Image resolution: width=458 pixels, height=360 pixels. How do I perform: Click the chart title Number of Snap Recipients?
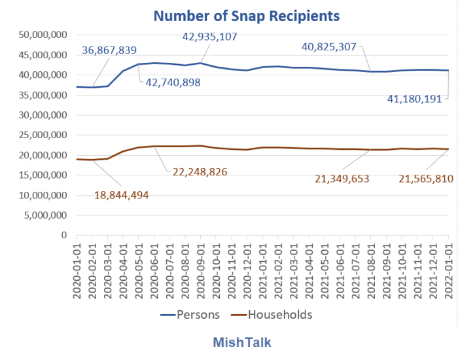247,16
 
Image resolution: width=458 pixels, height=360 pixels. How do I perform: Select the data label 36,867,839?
118,50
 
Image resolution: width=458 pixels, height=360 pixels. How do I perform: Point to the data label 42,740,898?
173,83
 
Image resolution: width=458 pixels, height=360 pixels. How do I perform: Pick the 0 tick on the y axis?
63,235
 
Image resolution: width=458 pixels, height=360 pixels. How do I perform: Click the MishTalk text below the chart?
241,342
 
